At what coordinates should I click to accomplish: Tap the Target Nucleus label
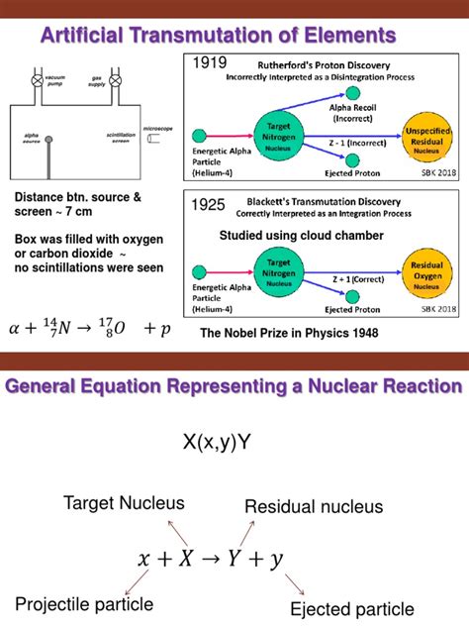[116, 503]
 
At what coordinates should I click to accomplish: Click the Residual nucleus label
[307, 507]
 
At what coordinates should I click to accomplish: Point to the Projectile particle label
[84, 603]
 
